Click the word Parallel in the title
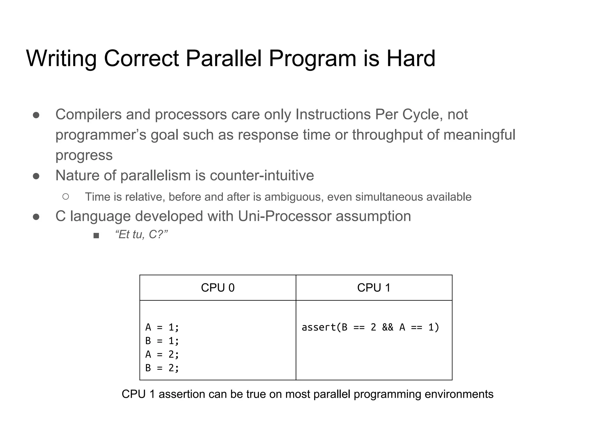pos(223,58)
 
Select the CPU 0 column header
pos(218,288)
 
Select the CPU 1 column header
pos(374,288)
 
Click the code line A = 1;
pos(162,327)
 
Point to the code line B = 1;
pos(162,341)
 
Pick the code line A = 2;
pos(162,354)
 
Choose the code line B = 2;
pos(162,368)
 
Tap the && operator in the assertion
pos(388,327)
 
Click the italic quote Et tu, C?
pos(141,234)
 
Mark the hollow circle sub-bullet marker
pos(66,197)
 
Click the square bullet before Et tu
pos(96,236)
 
